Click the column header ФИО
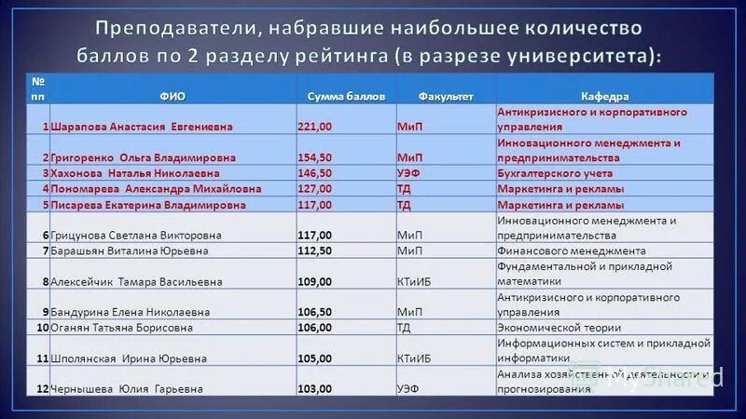[171, 97]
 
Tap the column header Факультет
[446, 97]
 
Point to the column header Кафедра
[604, 97]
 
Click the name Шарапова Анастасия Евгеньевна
[142, 127]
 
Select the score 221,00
[315, 127]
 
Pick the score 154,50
[315, 158]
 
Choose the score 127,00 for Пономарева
[315, 189]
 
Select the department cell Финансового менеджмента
[571, 251]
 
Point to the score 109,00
[315, 282]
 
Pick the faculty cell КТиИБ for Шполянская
[413, 358]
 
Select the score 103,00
[315, 389]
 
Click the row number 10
[42, 328]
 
